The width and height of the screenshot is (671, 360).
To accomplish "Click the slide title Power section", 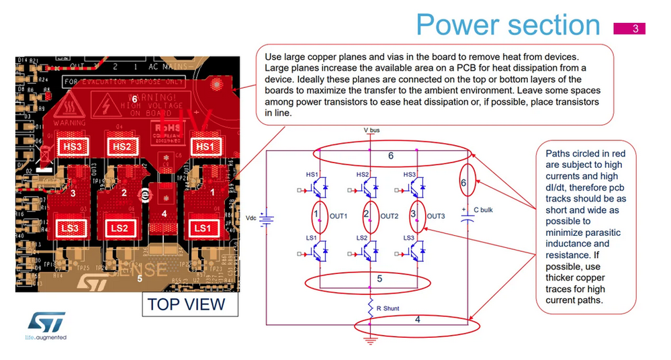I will pyautogui.click(x=508, y=25).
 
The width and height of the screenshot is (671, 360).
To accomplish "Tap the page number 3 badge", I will pyautogui.click(x=635, y=28).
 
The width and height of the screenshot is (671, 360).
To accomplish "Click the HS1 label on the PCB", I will pyautogui.click(x=202, y=146).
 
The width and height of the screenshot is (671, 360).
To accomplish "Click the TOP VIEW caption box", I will pyautogui.click(x=186, y=304).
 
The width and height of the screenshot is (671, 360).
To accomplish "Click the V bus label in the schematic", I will pyautogui.click(x=371, y=130).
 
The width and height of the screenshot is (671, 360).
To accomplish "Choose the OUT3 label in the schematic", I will pyautogui.click(x=436, y=216).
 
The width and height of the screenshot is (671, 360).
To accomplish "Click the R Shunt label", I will pyautogui.click(x=388, y=308).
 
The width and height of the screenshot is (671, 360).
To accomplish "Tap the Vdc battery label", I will pyautogui.click(x=252, y=218).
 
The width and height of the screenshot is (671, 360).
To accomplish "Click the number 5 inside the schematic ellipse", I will pyautogui.click(x=379, y=277).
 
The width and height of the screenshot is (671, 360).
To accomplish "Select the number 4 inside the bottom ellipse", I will pyautogui.click(x=417, y=320).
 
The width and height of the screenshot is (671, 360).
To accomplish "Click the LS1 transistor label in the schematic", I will pyautogui.click(x=312, y=238).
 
